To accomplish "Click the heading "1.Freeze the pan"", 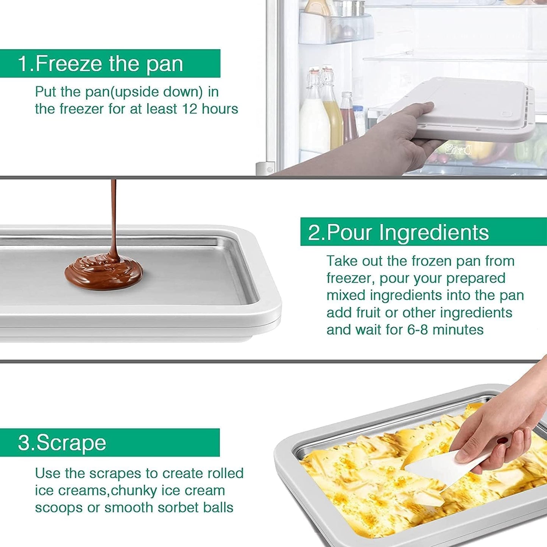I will [x=101, y=64].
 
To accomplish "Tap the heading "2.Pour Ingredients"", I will [x=398, y=232].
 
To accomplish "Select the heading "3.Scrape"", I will [x=62, y=443].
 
